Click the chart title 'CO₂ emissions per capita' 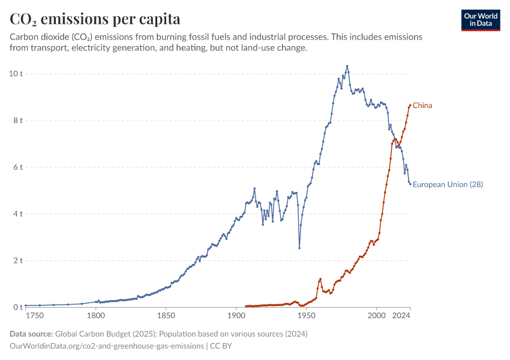point(95,19)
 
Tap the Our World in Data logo point(481,20)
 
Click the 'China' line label point(422,106)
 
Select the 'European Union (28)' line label point(448,184)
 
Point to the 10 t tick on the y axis point(16,74)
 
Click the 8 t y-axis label point(17,121)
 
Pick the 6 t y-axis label point(17,167)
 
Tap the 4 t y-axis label point(17,214)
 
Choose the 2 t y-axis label point(17,260)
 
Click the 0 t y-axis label point(17,307)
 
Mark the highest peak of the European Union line point(347,66)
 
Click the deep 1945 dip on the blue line point(299,248)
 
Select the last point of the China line point(410,106)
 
